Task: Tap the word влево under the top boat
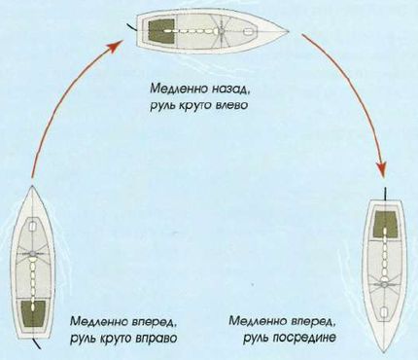[x=220, y=103]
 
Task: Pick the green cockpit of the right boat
[x=386, y=223]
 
